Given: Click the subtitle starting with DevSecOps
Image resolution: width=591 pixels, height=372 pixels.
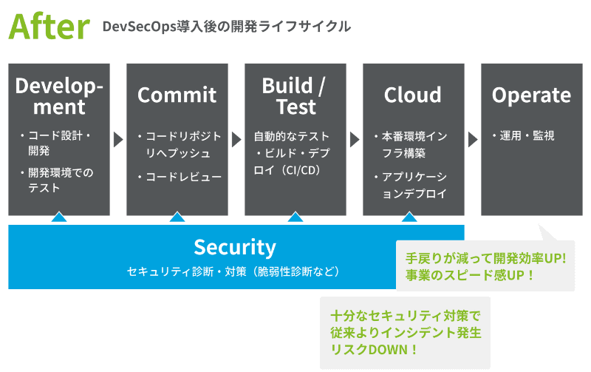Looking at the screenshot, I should pos(227,27).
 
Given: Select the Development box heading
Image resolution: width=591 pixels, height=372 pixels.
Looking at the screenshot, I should pos(60,95).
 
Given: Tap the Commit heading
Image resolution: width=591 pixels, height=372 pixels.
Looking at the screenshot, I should pos(177,95).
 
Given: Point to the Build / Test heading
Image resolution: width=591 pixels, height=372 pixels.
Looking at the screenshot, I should pos(295,95).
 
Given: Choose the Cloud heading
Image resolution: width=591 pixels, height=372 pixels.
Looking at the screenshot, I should pos(413,95).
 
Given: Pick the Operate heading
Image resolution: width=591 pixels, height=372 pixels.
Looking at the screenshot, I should pos(531,95).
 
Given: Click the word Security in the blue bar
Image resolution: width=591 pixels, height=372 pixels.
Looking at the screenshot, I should pos(235,247).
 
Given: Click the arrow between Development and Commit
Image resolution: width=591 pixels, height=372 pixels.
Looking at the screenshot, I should pos(118,139).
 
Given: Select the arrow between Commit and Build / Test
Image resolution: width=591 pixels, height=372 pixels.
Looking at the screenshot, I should pos(236,139).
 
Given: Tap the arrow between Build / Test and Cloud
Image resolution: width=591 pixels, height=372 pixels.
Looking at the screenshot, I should pos(355,139).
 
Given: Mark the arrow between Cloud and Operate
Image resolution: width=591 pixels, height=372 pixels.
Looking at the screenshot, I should pos(473,139).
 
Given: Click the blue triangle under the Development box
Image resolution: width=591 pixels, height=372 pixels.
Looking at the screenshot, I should pos(60,217).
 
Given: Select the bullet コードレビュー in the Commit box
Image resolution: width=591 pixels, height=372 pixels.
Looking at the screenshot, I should pos(183,177).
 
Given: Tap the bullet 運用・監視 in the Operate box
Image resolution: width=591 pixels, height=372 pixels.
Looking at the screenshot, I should pos(527,136).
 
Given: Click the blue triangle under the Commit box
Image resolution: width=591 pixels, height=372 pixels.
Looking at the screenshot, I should pos(177,217).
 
